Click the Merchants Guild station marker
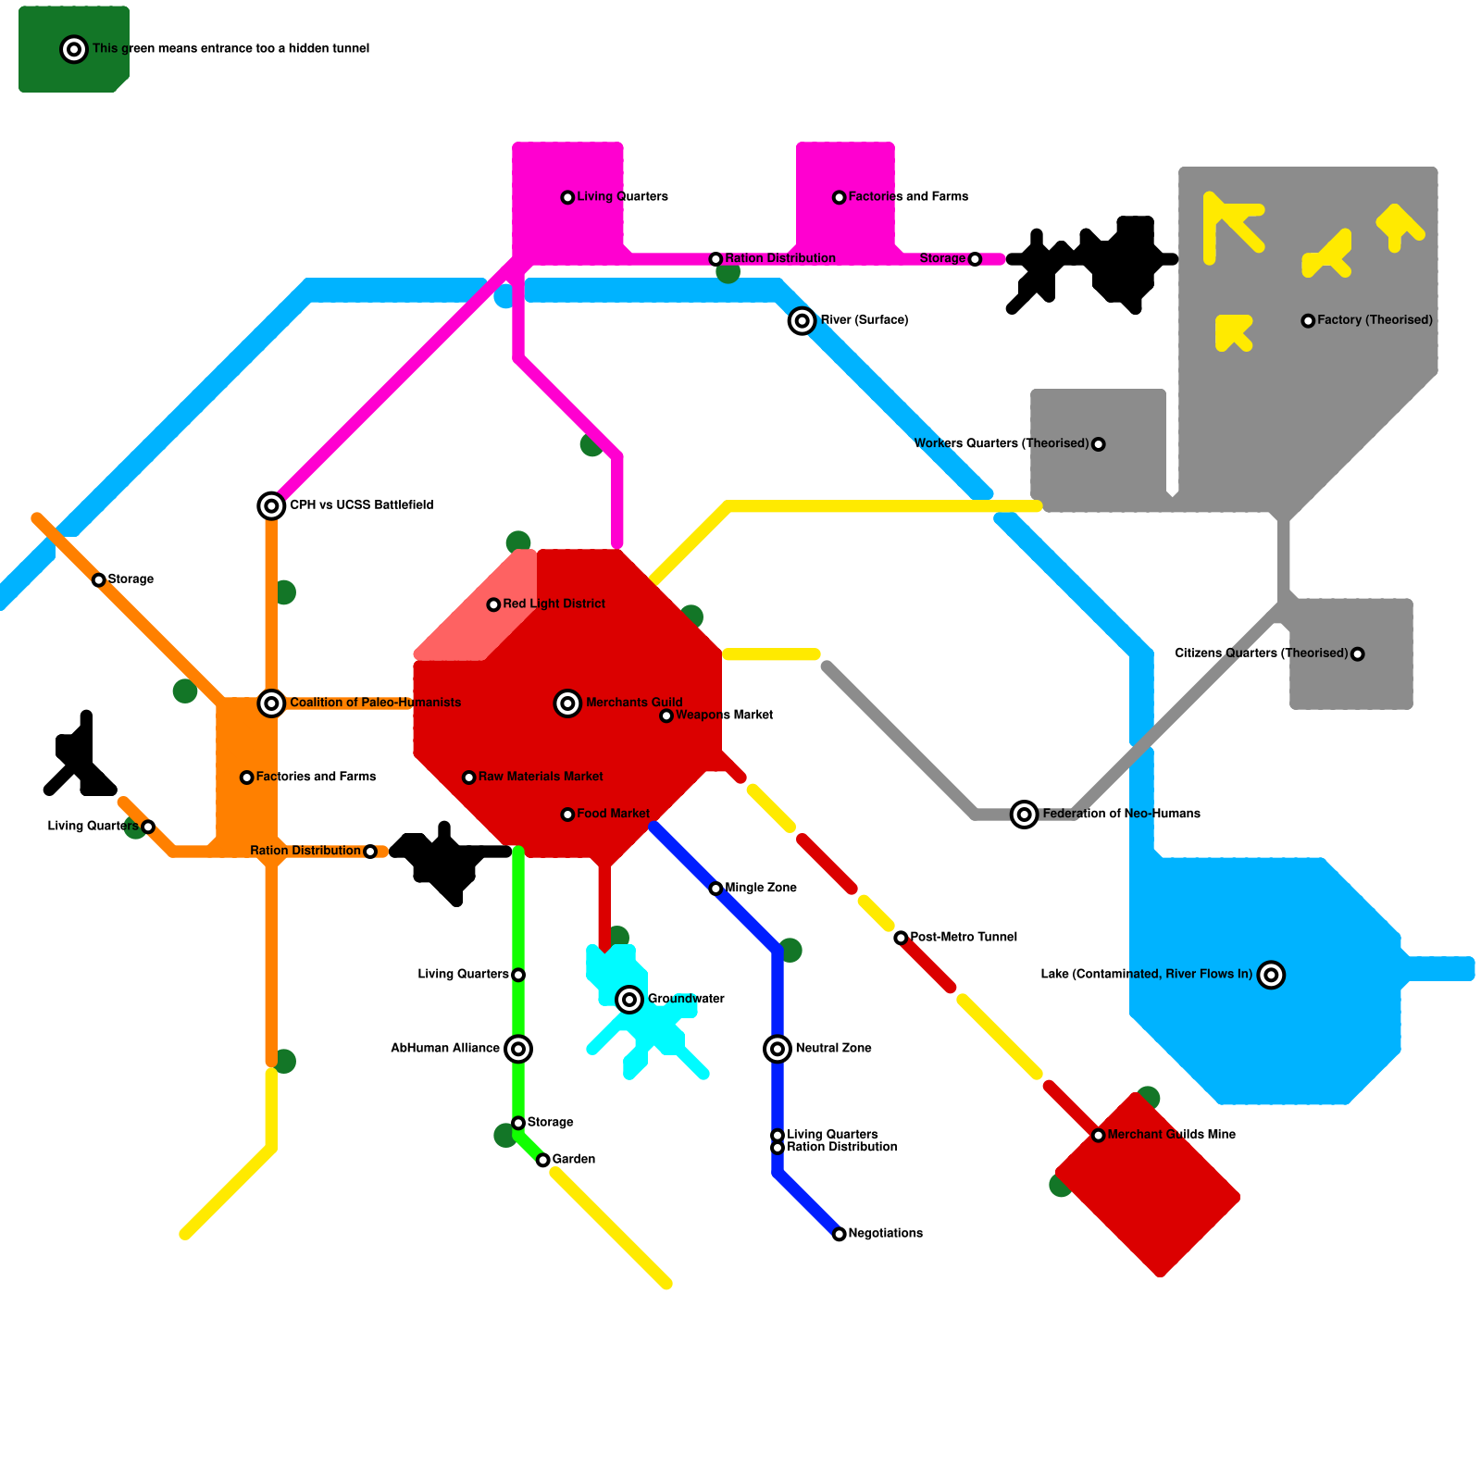click(567, 703)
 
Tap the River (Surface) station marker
click(803, 321)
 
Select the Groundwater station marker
click(629, 1000)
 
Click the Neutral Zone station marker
click(778, 1049)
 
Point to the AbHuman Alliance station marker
click(518, 1049)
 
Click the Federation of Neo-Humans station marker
click(1024, 815)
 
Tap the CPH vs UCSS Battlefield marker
click(271, 505)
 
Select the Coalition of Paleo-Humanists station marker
click(271, 703)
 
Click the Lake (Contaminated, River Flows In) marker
click(1272, 975)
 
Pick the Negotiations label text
click(886, 1233)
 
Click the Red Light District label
click(554, 604)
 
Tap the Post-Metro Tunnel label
click(964, 937)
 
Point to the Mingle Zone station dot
click(716, 889)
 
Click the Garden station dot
click(543, 1160)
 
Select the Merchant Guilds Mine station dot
click(1099, 1136)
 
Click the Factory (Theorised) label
click(1375, 320)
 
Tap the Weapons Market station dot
click(666, 716)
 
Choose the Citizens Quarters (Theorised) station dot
click(1358, 654)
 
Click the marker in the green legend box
click(74, 49)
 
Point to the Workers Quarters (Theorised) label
click(1002, 443)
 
